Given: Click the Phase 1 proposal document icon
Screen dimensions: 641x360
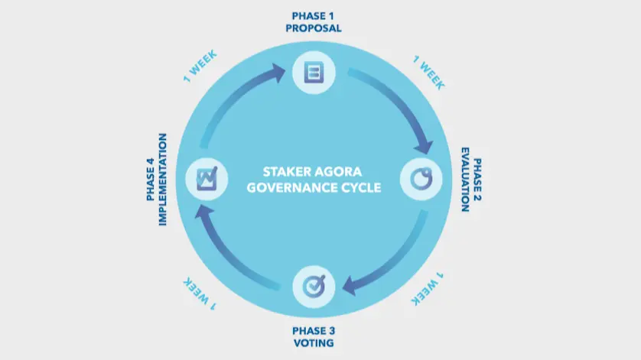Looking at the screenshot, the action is coord(314,73).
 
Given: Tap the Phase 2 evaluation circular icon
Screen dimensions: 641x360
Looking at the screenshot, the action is coord(421,179).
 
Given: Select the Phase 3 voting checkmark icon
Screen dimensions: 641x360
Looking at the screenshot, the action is coord(314,286).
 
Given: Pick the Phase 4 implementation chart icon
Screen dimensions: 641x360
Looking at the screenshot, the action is coord(207,179).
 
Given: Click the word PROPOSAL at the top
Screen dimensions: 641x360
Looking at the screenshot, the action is coord(314,28).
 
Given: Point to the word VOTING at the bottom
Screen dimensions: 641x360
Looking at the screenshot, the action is coord(314,343).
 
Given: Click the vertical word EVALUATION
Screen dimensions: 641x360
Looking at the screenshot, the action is coord(465,180).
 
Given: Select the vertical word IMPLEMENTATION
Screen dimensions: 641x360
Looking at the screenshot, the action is coord(163,180).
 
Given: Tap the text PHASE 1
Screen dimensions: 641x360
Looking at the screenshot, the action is coord(313,16).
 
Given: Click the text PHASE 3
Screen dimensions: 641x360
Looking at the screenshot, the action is coord(314,331).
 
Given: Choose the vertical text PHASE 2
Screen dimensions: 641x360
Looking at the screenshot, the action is coord(477,180).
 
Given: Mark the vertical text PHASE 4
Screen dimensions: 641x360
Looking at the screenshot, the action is coord(151,180).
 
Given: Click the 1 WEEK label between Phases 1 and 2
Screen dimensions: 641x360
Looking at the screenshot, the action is coord(428,73).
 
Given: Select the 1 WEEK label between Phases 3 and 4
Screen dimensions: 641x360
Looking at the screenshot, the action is coord(200,294).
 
